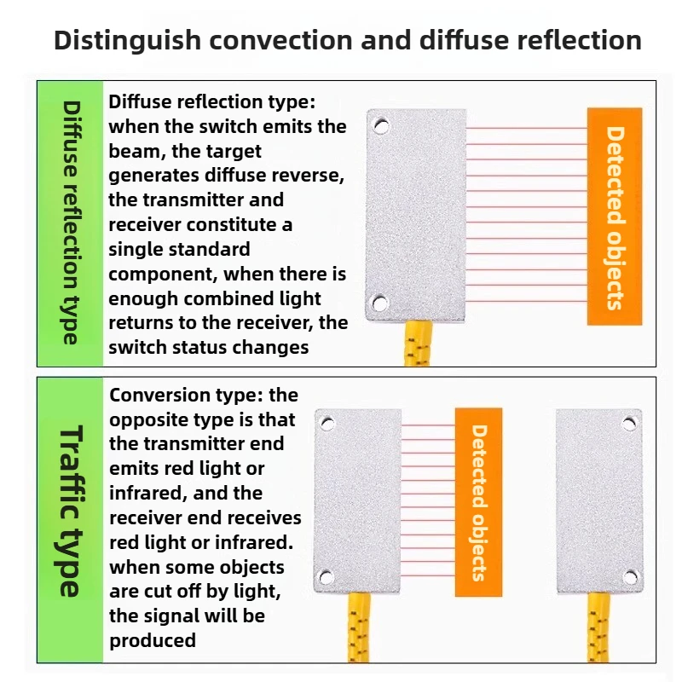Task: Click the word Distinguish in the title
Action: pos(127,41)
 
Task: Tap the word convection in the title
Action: pos(281,40)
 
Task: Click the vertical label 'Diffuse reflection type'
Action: pos(71,223)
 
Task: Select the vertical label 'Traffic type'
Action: pos(71,511)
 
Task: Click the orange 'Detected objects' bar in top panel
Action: pos(615,217)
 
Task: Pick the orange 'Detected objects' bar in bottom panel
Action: pos(478,502)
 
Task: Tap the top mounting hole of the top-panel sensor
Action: pos(381,126)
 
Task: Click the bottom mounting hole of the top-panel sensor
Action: pos(379,303)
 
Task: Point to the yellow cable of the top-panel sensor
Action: pos(418,344)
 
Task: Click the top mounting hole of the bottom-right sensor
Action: pos(629,423)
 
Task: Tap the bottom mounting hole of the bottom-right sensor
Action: pos(630,577)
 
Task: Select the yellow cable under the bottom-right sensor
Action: pos(598,628)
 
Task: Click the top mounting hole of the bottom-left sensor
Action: pos(327,423)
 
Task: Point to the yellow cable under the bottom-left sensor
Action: pos(359,628)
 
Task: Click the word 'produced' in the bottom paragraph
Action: pos(153,641)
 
